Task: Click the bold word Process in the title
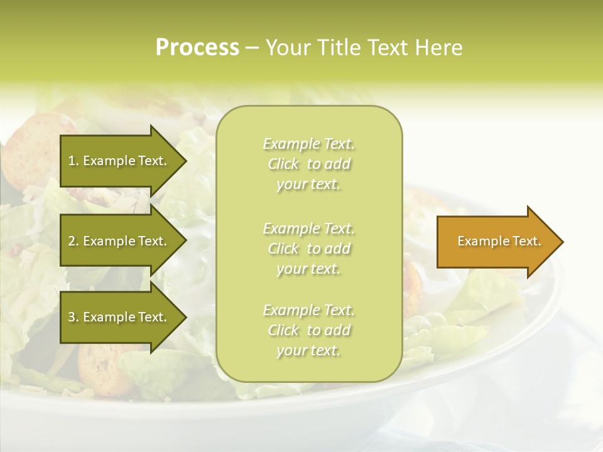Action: tap(197, 48)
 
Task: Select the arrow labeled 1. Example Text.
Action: tap(119, 161)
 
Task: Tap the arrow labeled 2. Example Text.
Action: tap(119, 241)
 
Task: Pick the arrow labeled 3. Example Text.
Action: tap(119, 317)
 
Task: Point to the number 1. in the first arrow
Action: tap(73, 161)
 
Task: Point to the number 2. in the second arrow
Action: tap(73, 241)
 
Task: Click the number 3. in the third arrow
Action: tap(73, 317)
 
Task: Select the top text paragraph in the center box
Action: tap(308, 164)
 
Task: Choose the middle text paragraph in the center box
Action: tap(308, 249)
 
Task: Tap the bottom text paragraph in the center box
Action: tap(308, 330)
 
